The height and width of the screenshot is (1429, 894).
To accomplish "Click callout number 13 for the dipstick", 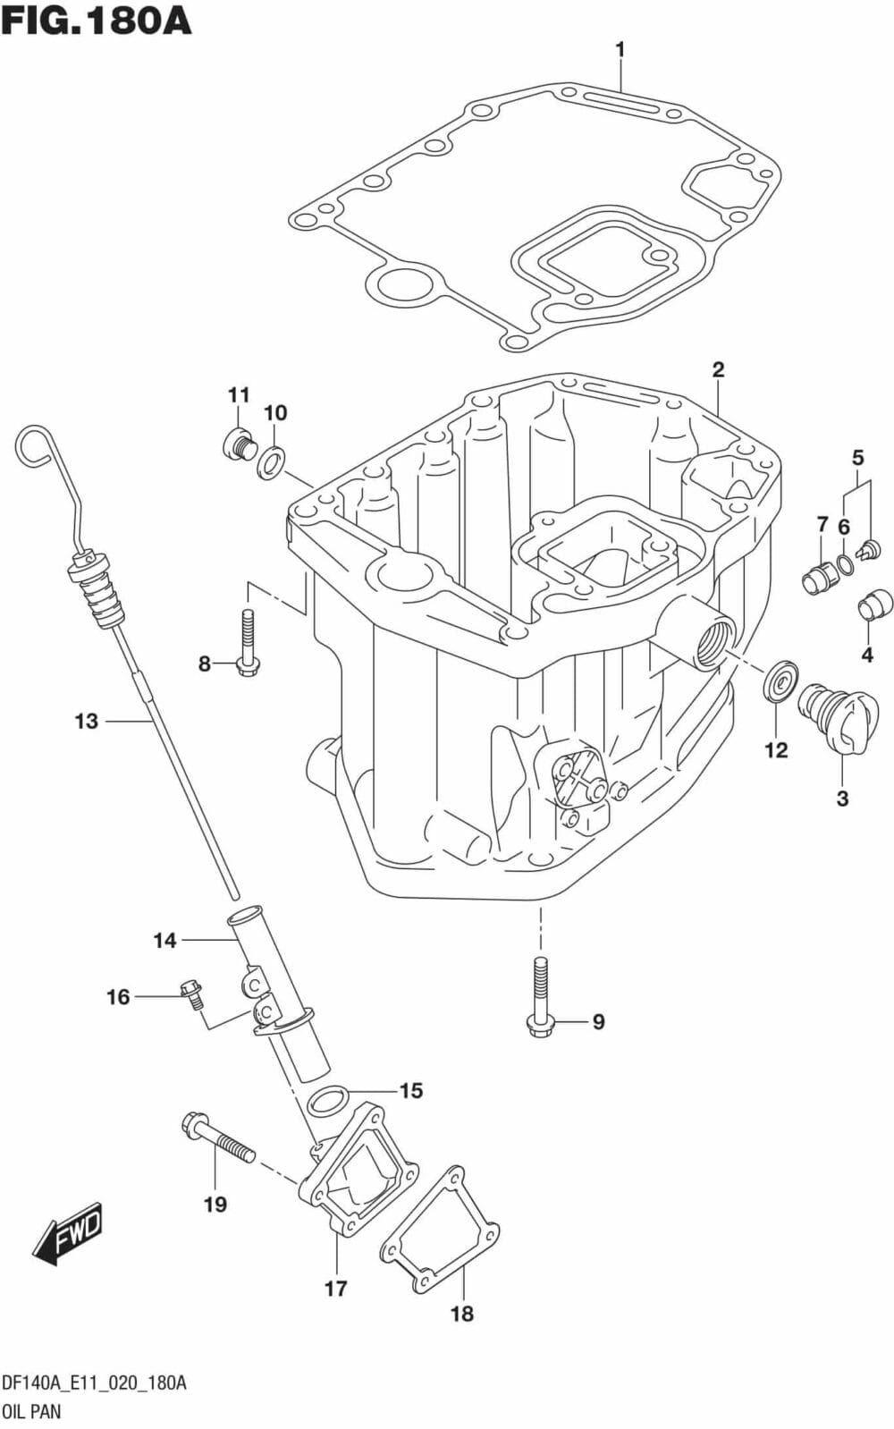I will point(86,721).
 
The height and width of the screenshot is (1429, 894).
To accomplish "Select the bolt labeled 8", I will point(248,643).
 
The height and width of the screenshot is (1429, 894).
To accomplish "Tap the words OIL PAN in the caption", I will point(32,1412).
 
